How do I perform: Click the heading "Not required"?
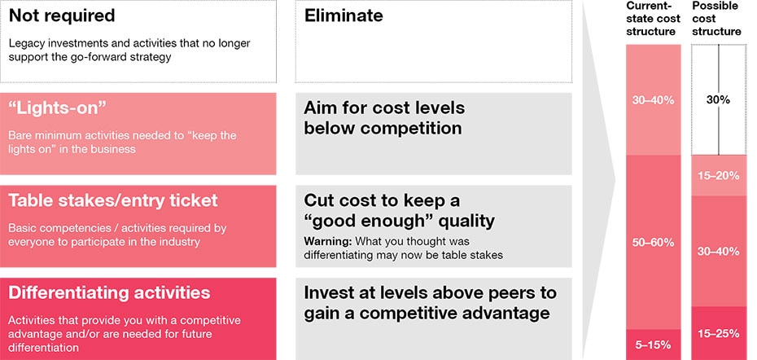click(x=62, y=15)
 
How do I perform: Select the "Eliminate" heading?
click(x=343, y=15)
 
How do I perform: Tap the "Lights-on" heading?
click(x=57, y=108)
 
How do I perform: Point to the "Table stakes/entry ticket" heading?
click(x=113, y=200)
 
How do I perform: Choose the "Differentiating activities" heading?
click(x=110, y=293)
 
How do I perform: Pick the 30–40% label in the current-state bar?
click(x=653, y=101)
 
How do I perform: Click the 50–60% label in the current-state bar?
click(x=653, y=243)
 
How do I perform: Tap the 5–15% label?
click(x=653, y=345)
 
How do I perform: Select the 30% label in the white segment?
click(x=719, y=100)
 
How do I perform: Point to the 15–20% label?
click(x=719, y=176)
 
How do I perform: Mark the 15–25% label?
click(x=719, y=333)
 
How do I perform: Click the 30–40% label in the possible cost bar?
click(x=719, y=252)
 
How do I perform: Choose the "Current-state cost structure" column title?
click(x=653, y=19)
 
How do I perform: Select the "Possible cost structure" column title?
click(x=716, y=19)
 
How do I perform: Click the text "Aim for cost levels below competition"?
click(x=384, y=118)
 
